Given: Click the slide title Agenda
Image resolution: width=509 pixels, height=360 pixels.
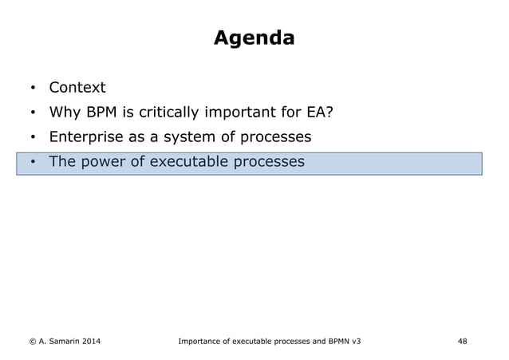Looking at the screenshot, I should (x=254, y=38).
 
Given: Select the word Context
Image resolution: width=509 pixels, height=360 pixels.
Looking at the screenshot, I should (x=77, y=87).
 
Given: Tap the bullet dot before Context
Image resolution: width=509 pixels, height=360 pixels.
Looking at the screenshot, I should (x=33, y=88).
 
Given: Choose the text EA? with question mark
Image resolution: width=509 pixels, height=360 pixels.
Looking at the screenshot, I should (x=317, y=112).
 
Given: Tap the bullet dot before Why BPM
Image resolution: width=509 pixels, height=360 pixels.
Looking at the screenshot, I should (x=33, y=113).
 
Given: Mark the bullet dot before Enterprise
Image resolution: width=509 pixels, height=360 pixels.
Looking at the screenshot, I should (x=33, y=137).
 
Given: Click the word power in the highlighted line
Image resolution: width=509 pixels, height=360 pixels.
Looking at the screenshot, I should (x=105, y=162).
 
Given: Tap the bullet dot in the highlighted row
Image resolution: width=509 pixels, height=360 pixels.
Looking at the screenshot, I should (x=33, y=163).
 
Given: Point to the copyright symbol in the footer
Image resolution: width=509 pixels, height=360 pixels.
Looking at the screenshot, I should (x=32, y=342).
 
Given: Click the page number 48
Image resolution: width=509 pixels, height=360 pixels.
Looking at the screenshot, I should (x=462, y=342).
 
